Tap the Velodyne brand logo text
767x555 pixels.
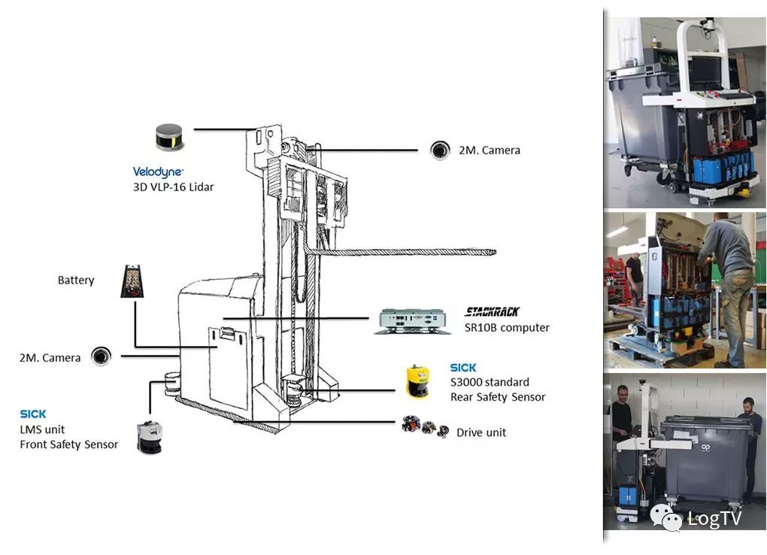158,172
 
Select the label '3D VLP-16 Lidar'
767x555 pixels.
173,187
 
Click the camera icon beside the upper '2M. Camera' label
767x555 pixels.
439,150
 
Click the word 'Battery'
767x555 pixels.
76,281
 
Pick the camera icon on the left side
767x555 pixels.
101,356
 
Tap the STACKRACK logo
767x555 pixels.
492,311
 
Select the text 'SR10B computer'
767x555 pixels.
507,328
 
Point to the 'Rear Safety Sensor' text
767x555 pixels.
498,397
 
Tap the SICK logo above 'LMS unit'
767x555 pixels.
33,414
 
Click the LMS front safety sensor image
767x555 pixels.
149,436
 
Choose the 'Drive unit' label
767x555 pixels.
481,432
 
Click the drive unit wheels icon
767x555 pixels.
425,428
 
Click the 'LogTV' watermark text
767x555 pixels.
714,518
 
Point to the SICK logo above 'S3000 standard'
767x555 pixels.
463,368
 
